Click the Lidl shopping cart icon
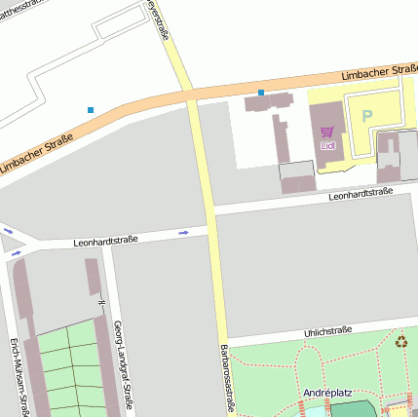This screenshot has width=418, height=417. [327, 132]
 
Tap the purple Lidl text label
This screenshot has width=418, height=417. [327, 145]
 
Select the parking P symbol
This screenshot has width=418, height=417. [367, 115]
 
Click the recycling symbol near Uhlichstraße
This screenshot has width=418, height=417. [401, 341]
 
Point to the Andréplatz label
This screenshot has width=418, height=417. [328, 393]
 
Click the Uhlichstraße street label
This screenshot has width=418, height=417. [327, 331]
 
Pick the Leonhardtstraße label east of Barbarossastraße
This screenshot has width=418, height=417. [361, 194]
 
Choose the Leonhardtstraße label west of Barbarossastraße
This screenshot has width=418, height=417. [105, 239]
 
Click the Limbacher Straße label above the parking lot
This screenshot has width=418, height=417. [378, 73]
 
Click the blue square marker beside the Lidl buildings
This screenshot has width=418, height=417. [261, 93]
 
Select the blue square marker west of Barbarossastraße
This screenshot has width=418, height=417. [91, 109]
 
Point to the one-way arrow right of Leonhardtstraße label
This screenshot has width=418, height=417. [183, 233]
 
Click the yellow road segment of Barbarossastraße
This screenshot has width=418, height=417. [207, 195]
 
